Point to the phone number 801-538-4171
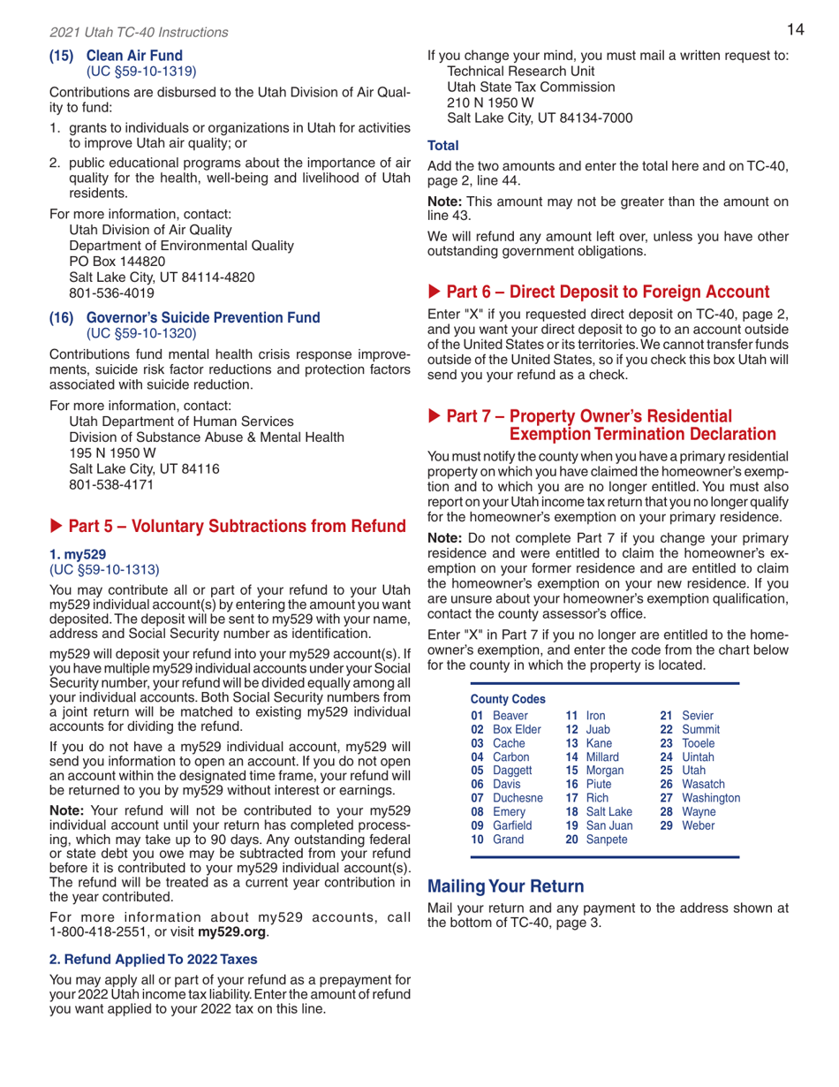click(113, 484)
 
